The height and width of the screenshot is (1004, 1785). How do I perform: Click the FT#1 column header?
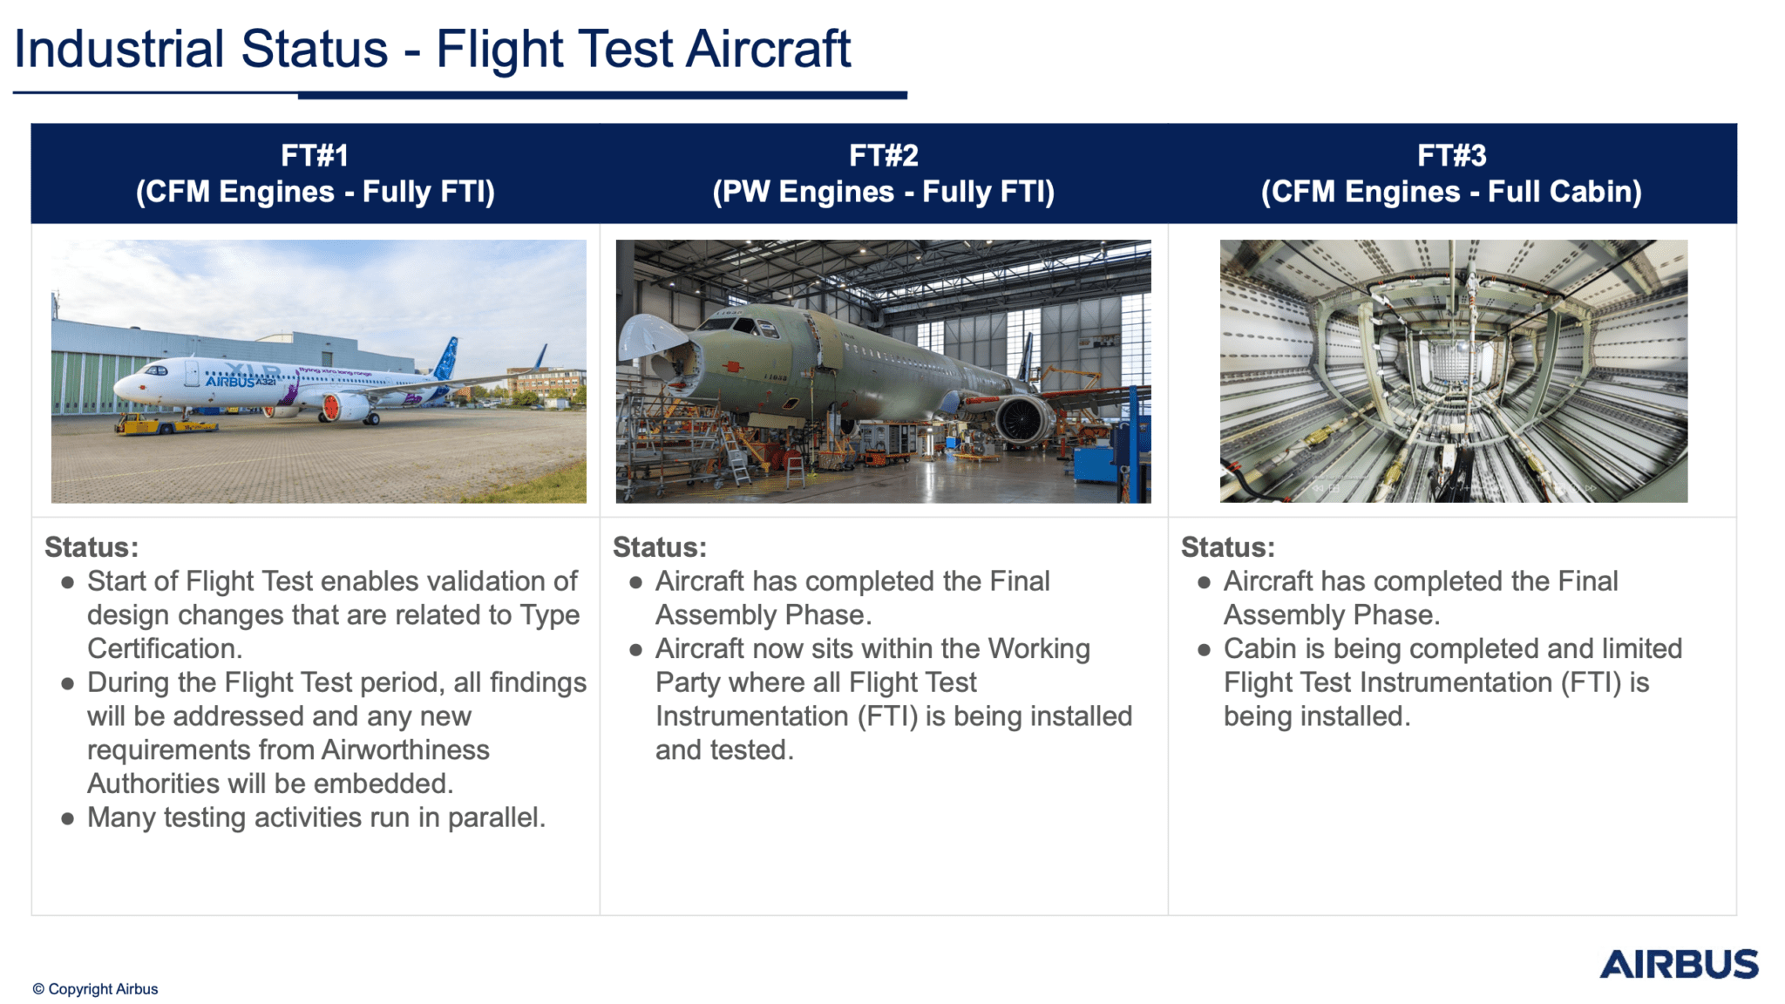point(315,156)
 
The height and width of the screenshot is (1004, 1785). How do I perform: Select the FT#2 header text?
point(883,156)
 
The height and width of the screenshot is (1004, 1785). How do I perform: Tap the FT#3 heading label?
point(1451,156)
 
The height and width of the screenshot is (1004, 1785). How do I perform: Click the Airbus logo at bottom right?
point(1679,964)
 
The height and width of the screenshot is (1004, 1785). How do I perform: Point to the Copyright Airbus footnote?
point(95,988)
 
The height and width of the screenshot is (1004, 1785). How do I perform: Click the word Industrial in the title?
point(119,50)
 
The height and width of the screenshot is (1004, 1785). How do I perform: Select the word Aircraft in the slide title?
point(768,50)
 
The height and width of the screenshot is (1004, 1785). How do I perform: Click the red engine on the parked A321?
point(332,407)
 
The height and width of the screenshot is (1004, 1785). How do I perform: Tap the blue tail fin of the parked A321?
point(447,358)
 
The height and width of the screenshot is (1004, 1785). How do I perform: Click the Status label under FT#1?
point(92,547)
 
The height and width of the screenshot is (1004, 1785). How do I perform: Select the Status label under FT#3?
point(1227,547)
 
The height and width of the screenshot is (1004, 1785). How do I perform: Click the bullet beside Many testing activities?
point(68,818)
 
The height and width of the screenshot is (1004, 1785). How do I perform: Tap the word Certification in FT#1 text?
point(165,648)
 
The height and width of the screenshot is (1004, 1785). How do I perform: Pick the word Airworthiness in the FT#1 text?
point(405,750)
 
